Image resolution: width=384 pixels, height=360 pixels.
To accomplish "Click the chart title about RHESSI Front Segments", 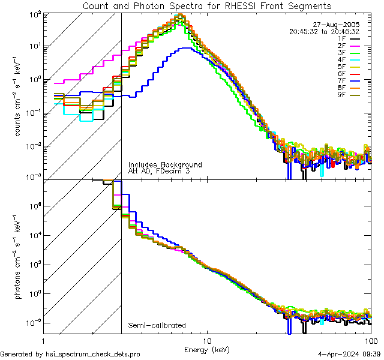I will (206, 5).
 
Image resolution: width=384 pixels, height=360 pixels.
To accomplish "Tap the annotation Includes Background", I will (165, 164).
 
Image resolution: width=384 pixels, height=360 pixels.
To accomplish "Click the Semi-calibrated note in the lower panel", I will (157, 326).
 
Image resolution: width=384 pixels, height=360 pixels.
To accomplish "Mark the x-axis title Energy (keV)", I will (206, 349).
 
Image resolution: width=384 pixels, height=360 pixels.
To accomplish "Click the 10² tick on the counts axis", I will (35, 14).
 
